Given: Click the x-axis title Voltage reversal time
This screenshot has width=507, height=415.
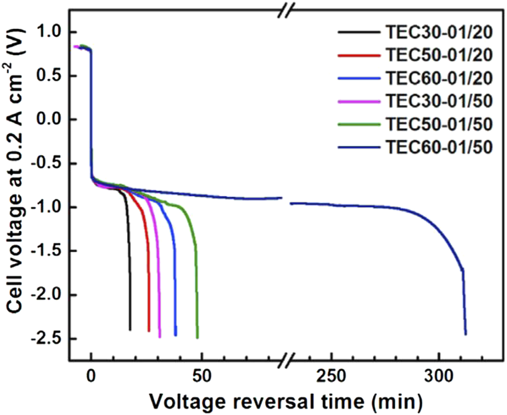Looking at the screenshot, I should point(286,401).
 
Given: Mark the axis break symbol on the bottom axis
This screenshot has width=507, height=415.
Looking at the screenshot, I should point(286,360).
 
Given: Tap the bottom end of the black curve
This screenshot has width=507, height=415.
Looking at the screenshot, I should point(130,330).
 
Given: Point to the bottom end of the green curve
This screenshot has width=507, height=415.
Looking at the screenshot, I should point(197,337).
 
